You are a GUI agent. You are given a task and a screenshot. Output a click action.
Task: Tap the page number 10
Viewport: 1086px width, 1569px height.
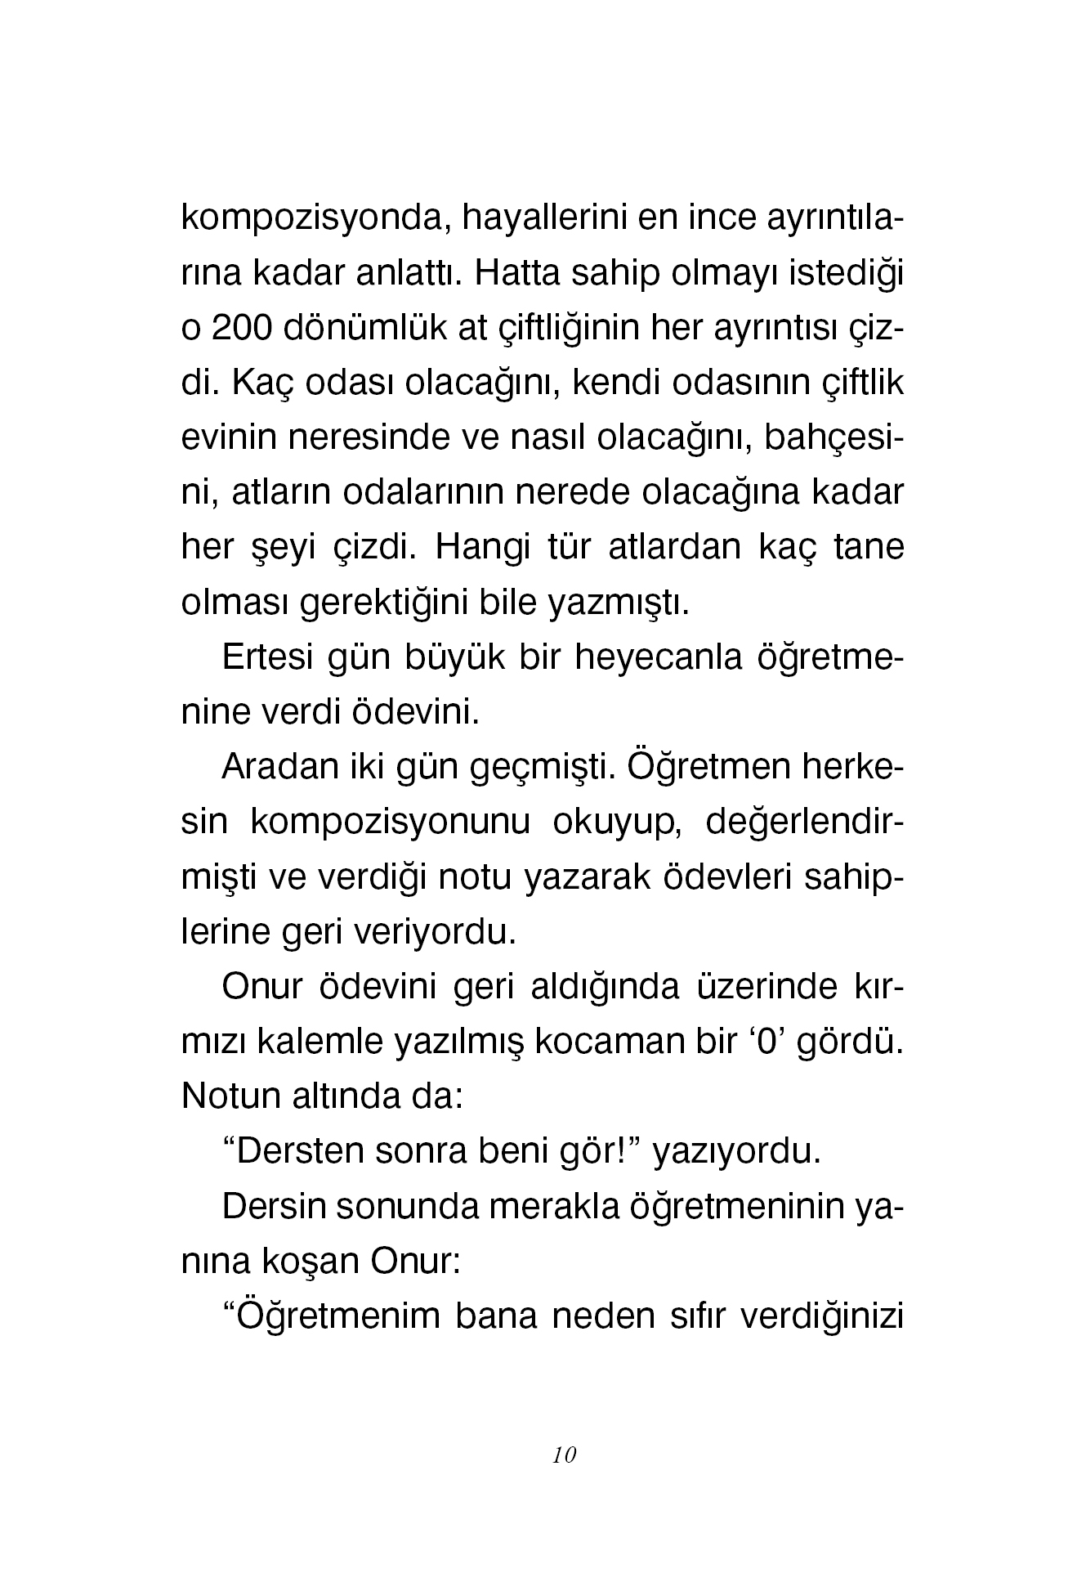(564, 1455)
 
